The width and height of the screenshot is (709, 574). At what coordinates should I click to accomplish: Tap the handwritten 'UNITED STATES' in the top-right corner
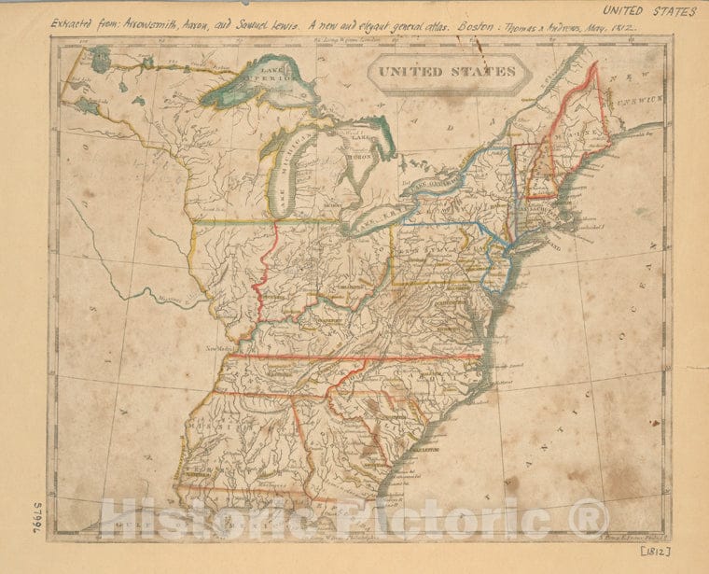[x=649, y=11]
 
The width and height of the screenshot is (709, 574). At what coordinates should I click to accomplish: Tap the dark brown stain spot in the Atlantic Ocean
[x=511, y=484]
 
